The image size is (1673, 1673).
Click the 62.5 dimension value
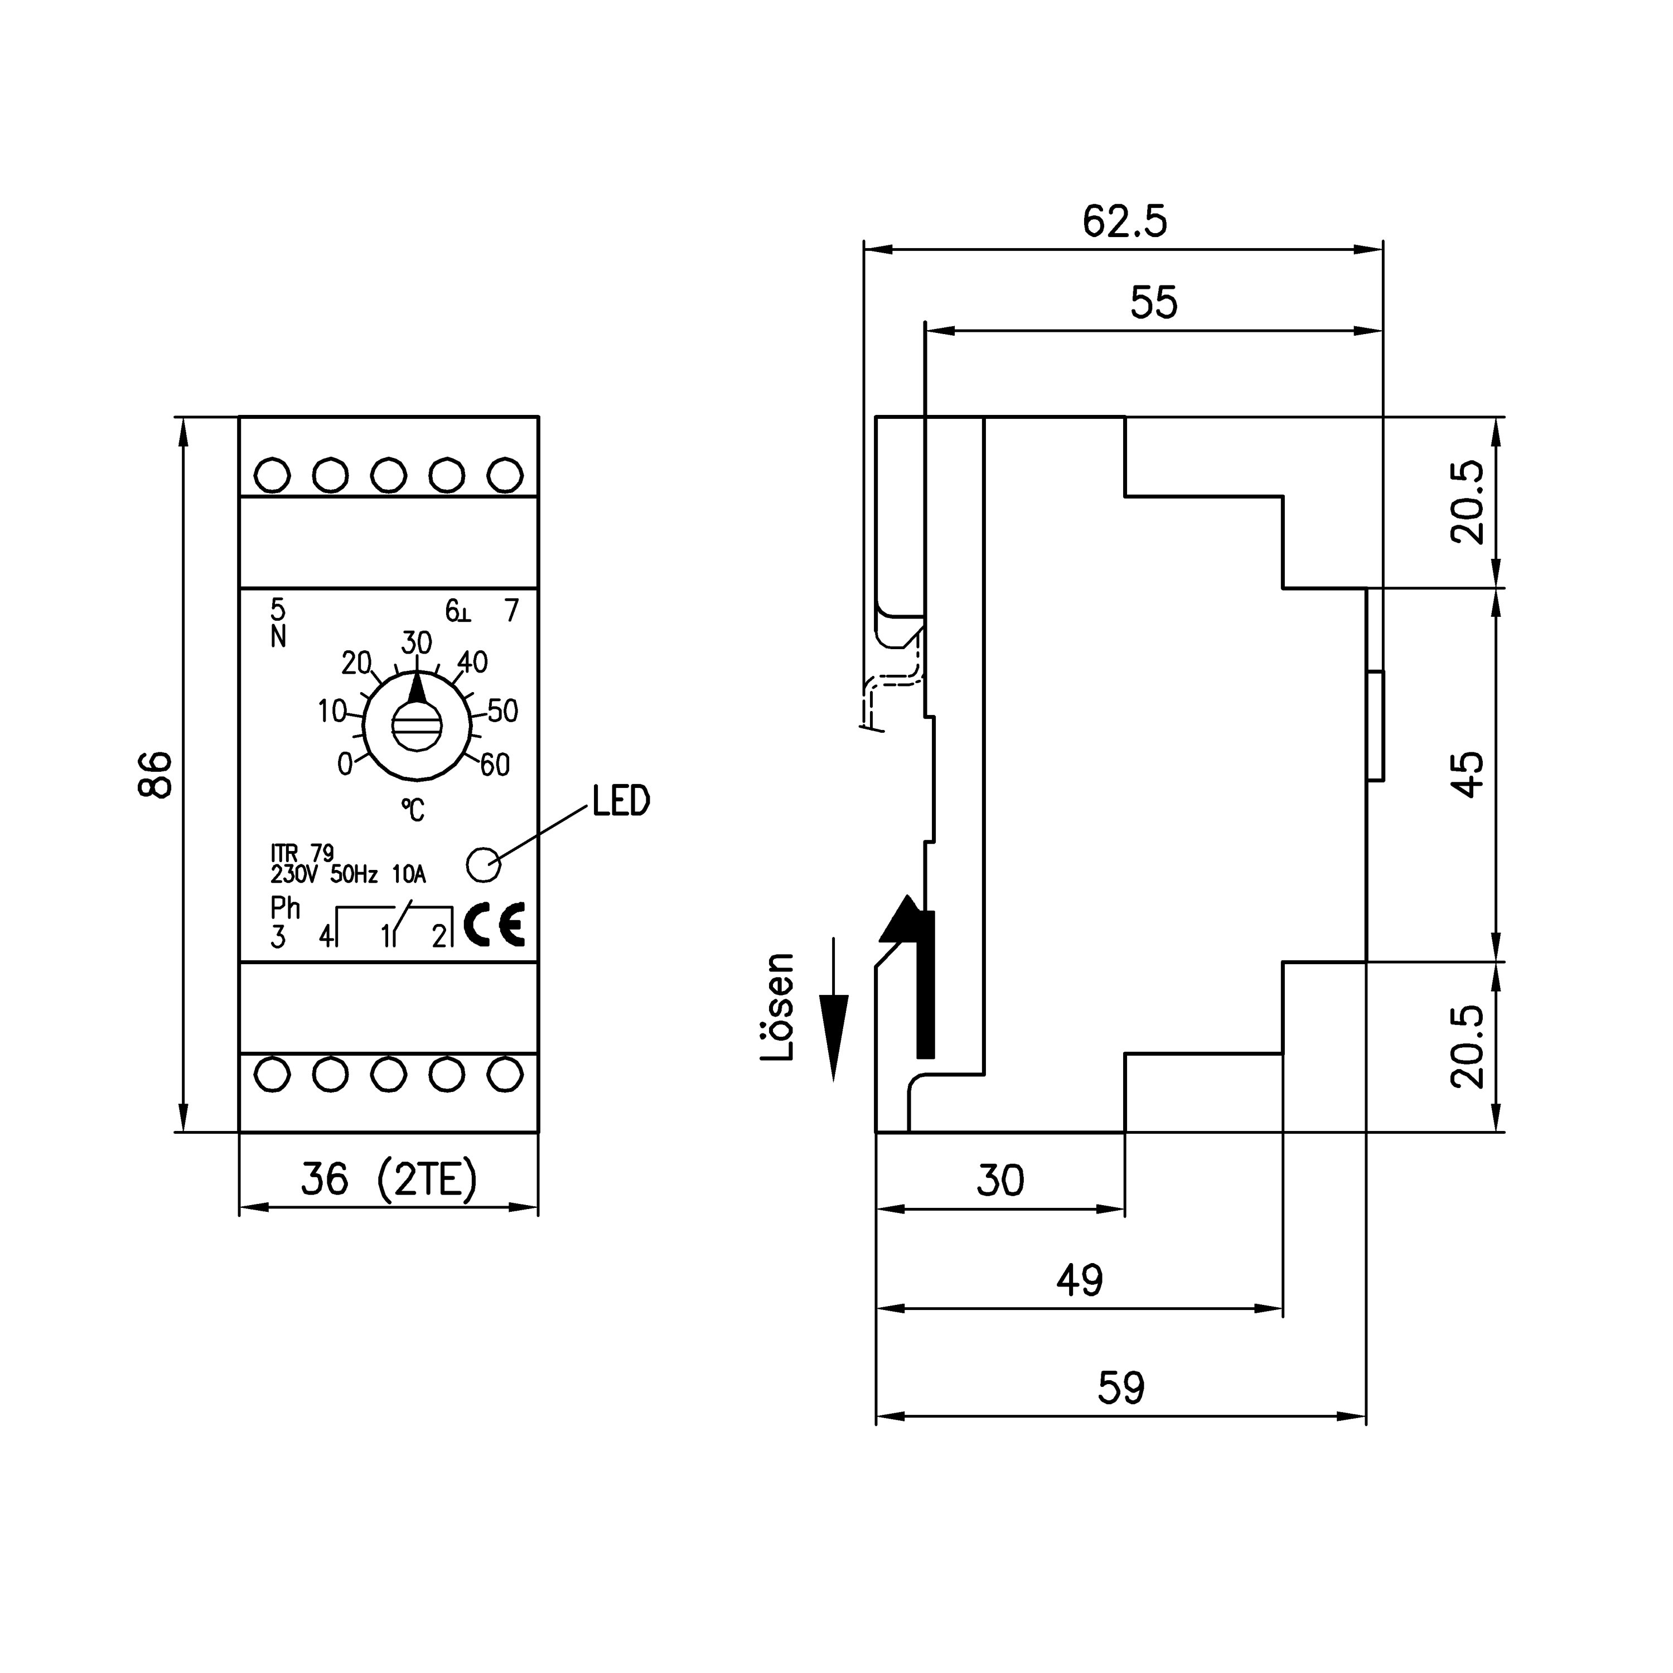pyautogui.click(x=1124, y=222)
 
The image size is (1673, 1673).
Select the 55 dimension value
pyautogui.click(x=1153, y=303)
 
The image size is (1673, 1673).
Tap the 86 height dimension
pyautogui.click(x=157, y=774)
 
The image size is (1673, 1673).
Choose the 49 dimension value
pyautogui.click(x=1079, y=1280)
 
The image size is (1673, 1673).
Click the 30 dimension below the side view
pyautogui.click(x=1000, y=1180)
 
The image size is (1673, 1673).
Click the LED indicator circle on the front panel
pyautogui.click(x=483, y=864)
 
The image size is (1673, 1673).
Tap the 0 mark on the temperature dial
pyautogui.click(x=345, y=764)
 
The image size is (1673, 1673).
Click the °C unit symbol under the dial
pyautogui.click(x=413, y=810)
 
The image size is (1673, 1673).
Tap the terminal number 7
pyautogui.click(x=512, y=611)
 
